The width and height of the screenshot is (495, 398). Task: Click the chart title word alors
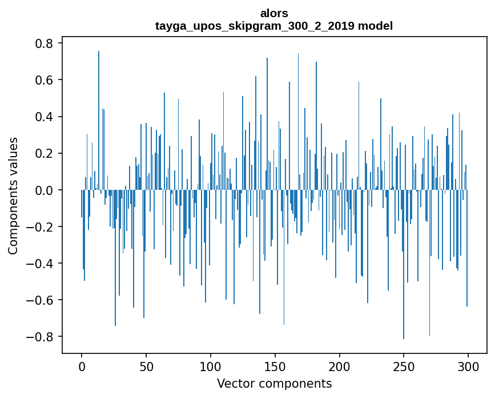click(274, 13)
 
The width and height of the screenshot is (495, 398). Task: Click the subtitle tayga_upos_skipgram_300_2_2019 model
click(274, 26)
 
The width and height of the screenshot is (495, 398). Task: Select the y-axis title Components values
click(13, 196)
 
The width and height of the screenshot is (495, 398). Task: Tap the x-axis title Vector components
click(274, 383)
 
